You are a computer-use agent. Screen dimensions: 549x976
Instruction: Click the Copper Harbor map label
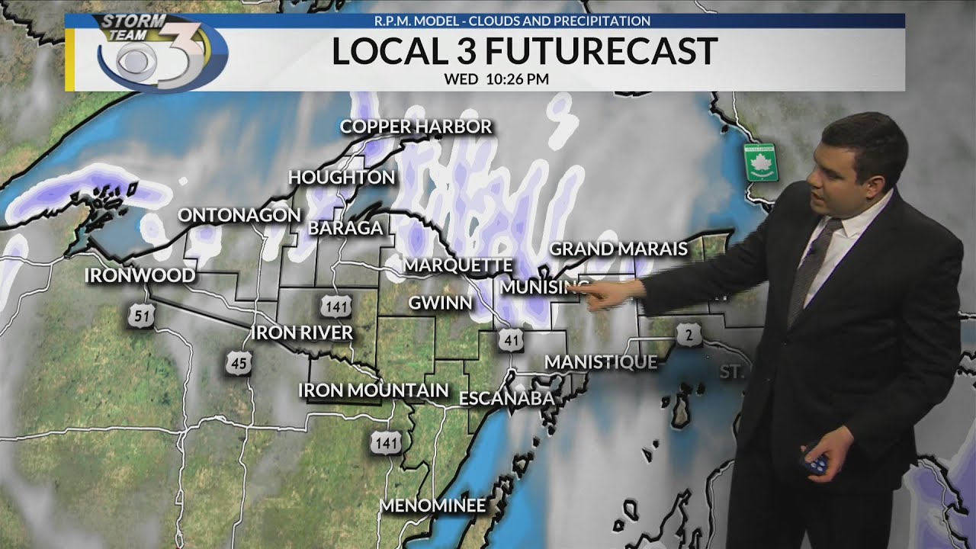pos(416,127)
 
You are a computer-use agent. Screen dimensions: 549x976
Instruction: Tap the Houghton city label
pos(342,178)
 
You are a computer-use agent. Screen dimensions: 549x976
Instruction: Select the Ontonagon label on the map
pos(239,215)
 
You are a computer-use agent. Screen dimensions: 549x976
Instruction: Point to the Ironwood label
pos(140,275)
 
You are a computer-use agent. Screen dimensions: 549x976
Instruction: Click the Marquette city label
pos(457,265)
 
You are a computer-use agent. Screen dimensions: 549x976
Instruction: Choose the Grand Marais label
pos(618,249)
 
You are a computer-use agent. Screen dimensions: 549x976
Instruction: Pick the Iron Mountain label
pos(373,390)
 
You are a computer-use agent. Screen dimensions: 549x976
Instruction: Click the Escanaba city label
pos(506,398)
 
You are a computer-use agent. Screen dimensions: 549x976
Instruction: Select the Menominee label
pos(432,505)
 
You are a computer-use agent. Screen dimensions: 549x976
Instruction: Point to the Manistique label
pos(601,361)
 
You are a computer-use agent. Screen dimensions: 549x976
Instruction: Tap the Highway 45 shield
pos(238,363)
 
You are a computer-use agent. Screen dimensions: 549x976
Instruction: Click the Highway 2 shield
pos(689,335)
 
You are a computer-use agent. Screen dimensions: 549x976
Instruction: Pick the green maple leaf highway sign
pos(760,162)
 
